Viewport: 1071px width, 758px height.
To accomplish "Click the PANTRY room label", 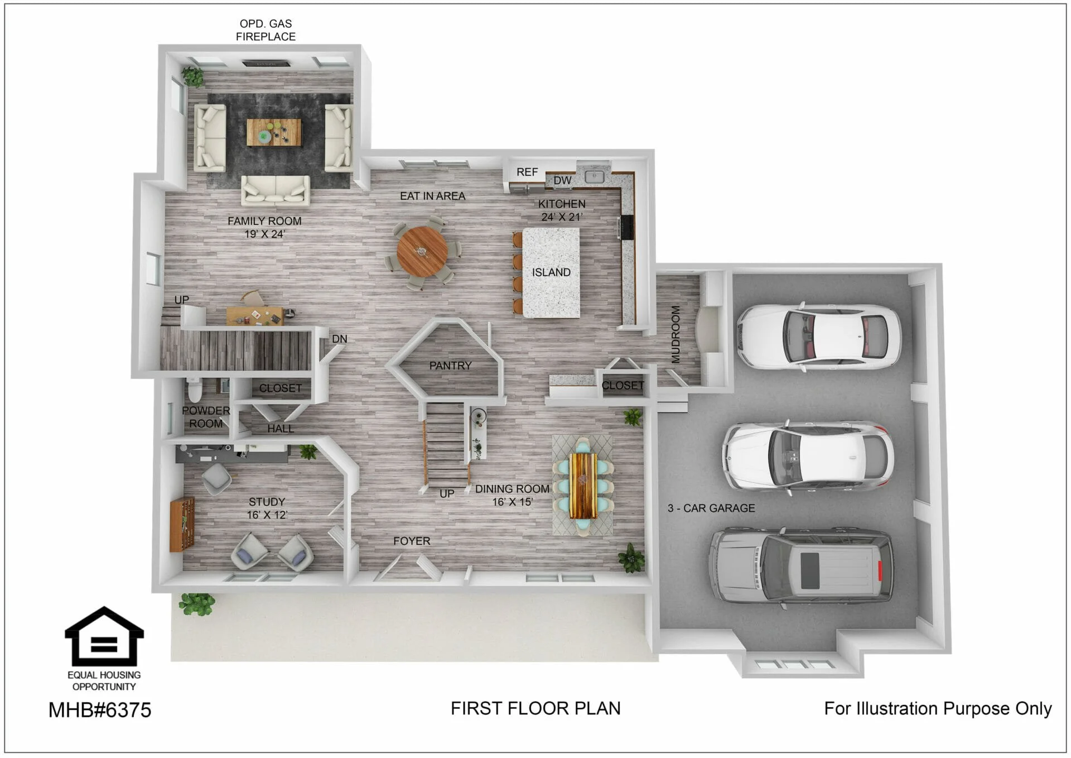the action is click(x=450, y=366).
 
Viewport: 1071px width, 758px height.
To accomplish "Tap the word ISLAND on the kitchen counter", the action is click(x=551, y=272).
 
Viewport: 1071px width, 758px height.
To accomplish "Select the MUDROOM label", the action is click(x=676, y=334).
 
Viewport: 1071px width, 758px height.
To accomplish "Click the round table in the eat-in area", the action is click(x=422, y=252).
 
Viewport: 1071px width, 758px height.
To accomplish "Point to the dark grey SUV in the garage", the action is click(x=801, y=567).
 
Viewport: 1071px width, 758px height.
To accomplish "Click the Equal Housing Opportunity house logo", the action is click(x=104, y=636).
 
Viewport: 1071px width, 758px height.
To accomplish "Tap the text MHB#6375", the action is click(x=100, y=710).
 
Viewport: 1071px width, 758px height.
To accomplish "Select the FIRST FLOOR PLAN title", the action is click(x=535, y=708).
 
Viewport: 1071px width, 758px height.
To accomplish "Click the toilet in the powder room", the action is click(x=194, y=390).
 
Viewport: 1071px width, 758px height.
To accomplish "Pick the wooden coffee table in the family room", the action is click(x=274, y=132).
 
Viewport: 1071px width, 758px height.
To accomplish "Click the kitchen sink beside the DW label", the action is click(x=595, y=176).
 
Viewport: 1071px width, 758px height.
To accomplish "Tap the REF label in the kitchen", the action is click(x=527, y=172).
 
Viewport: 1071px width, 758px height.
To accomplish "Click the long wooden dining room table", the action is click(x=583, y=486).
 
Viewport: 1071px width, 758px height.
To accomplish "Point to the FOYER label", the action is click(x=412, y=541).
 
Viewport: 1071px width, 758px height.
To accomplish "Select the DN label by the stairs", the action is click(x=340, y=339).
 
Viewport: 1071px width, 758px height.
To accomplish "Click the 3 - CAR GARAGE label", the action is click(x=711, y=508).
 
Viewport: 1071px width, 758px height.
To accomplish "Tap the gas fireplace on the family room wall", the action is click(x=266, y=63).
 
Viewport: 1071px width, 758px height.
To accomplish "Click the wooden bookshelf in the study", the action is click(x=182, y=524).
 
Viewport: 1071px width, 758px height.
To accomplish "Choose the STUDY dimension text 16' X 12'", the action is click(x=267, y=515).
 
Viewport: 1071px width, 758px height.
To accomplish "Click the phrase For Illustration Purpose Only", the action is click(x=938, y=708).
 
